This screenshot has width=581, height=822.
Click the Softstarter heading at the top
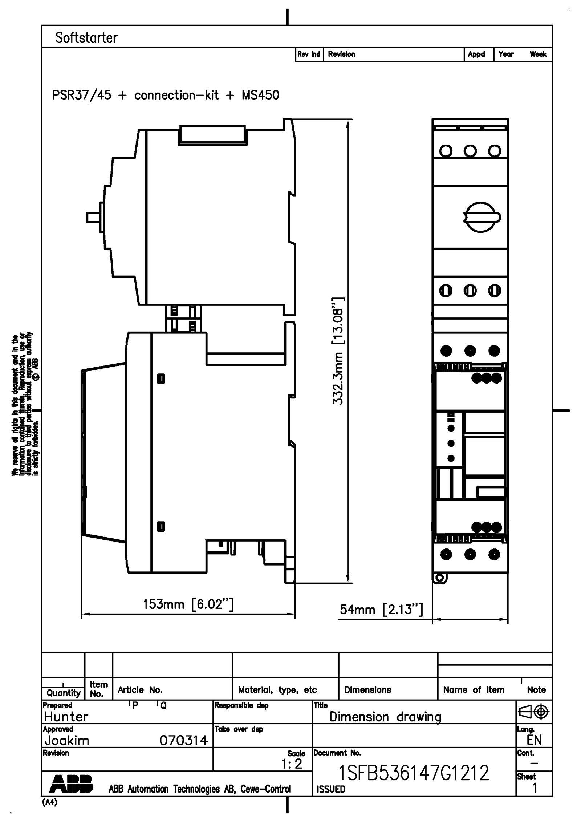tap(86, 38)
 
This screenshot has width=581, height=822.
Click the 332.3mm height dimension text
tap(338, 351)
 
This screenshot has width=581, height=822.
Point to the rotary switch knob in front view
tap(482, 217)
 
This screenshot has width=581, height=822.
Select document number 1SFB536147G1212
tap(413, 773)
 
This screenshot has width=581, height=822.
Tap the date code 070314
tap(184, 740)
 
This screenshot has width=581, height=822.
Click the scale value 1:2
tap(292, 764)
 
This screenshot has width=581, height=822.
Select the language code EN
tap(534, 740)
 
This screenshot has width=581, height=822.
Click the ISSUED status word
tap(331, 789)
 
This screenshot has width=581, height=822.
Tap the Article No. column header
tap(140, 690)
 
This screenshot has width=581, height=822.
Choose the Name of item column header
tap(474, 690)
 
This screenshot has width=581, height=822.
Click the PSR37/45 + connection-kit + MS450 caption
tap(166, 95)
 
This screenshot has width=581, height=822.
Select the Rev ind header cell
tap(309, 54)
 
